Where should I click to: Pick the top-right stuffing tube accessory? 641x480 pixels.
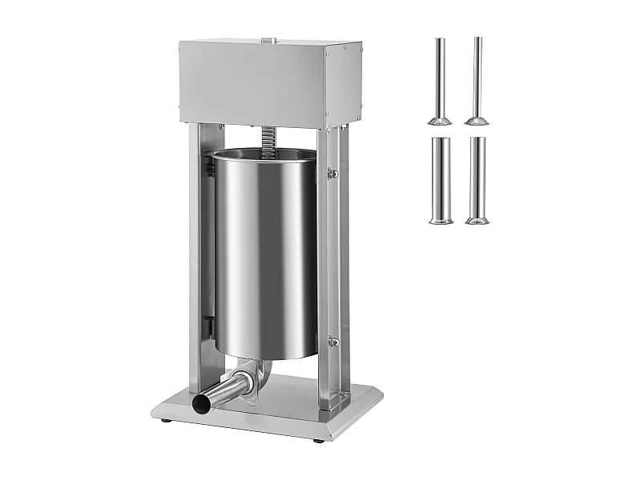[478, 80]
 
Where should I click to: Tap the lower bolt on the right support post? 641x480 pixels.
[334, 342]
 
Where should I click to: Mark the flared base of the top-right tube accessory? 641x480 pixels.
[478, 121]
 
